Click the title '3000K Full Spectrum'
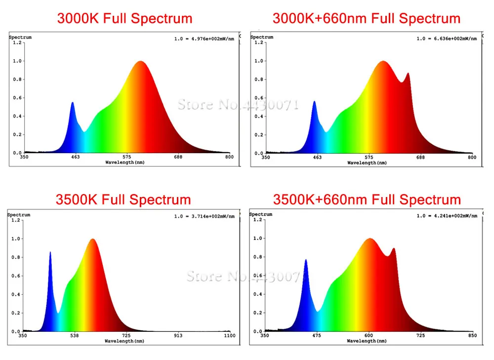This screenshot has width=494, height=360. (124, 19)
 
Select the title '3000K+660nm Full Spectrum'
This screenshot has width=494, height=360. (367, 19)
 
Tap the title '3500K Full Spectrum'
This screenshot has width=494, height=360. (123, 200)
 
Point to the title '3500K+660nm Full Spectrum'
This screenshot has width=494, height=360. (367, 200)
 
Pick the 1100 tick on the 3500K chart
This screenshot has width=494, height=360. (230, 336)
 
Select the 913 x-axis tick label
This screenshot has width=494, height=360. (178, 336)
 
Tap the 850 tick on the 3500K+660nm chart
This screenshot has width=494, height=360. (472, 336)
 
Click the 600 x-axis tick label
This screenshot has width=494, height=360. (369, 336)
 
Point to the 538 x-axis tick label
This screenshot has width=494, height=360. (74, 336)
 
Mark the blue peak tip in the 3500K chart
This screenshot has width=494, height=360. (50, 252)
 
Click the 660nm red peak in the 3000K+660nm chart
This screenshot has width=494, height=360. (408, 74)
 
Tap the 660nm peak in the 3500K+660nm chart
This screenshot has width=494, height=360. (393, 248)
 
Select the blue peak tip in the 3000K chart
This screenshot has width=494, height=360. (73, 103)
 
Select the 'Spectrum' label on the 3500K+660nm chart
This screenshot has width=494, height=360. (261, 214)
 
